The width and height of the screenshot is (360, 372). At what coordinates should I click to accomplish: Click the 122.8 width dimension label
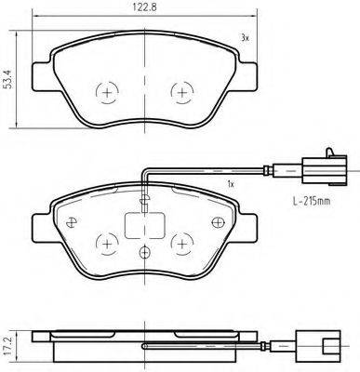(x=140, y=7)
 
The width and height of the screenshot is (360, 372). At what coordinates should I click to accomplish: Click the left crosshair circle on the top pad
(x=108, y=93)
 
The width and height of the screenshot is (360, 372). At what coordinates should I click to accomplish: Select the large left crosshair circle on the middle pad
(x=108, y=244)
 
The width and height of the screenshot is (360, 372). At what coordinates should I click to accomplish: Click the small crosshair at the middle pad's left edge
(x=70, y=221)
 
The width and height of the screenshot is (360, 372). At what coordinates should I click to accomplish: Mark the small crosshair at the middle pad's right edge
(x=219, y=221)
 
